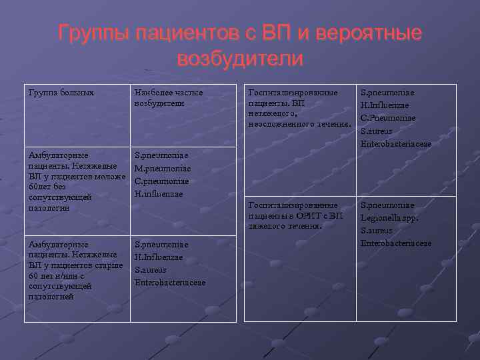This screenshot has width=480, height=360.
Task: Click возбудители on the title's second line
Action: coord(240,59)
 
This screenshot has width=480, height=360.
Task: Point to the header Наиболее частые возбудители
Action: coord(169,98)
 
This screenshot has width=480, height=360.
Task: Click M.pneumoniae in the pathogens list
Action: coord(163,169)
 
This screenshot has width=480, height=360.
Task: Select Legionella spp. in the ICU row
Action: coord(390,218)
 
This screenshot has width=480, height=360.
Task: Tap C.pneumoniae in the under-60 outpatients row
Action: coord(162,181)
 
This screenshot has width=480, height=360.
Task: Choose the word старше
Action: coord(109,265)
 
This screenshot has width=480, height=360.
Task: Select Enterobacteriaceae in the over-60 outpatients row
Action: coord(170,283)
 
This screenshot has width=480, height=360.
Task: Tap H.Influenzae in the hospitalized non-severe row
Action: coord(385,105)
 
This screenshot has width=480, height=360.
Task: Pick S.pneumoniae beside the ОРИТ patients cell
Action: coord(387,205)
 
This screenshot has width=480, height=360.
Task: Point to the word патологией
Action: coord(51,297)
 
